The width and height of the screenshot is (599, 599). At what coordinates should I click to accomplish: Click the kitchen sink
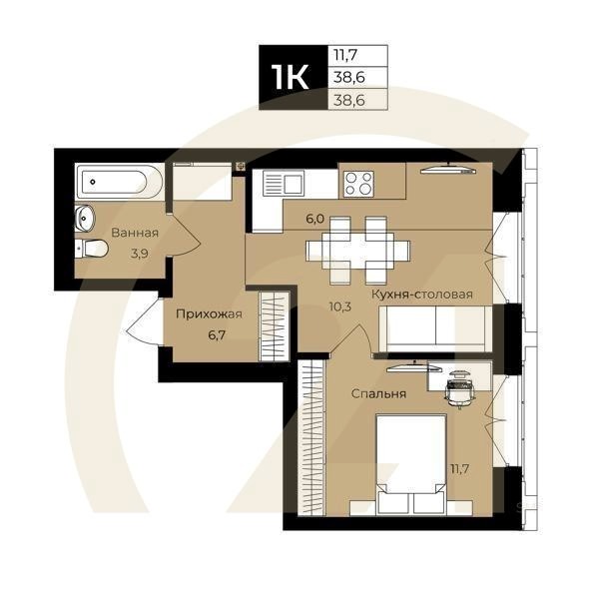[x=284, y=184]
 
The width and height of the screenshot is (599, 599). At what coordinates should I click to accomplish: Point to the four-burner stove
[x=358, y=184]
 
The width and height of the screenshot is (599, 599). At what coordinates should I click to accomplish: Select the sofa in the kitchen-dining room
[x=435, y=328]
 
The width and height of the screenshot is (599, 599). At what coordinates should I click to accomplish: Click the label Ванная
[x=135, y=233]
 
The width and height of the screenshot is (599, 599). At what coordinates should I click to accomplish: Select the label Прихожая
[x=210, y=313]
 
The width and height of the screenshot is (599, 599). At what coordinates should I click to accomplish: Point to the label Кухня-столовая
[x=420, y=295]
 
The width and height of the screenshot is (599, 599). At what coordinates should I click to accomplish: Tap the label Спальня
[x=378, y=393]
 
